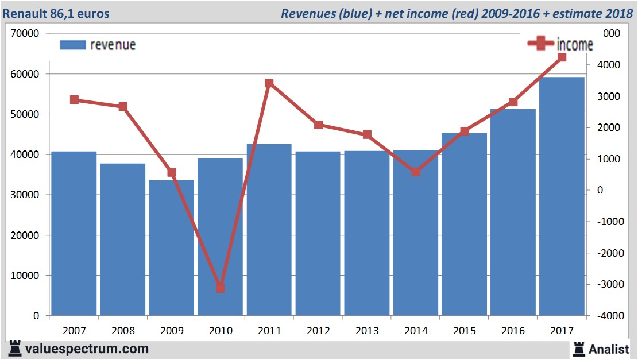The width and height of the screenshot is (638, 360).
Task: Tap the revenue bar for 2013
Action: (x=367, y=233)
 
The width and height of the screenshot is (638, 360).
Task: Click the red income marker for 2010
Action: (x=221, y=288)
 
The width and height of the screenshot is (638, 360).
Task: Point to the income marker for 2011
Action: (x=269, y=83)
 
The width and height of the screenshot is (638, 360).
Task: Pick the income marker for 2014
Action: (x=416, y=172)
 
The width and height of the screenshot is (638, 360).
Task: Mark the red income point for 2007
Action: (x=74, y=100)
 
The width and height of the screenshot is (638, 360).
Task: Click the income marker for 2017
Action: (x=562, y=57)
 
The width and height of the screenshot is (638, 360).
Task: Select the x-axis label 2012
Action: (x=318, y=331)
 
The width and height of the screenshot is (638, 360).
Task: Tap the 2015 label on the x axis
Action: (x=465, y=331)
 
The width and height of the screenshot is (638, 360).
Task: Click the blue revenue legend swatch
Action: (x=72, y=45)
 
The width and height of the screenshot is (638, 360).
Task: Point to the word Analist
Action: (x=609, y=349)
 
